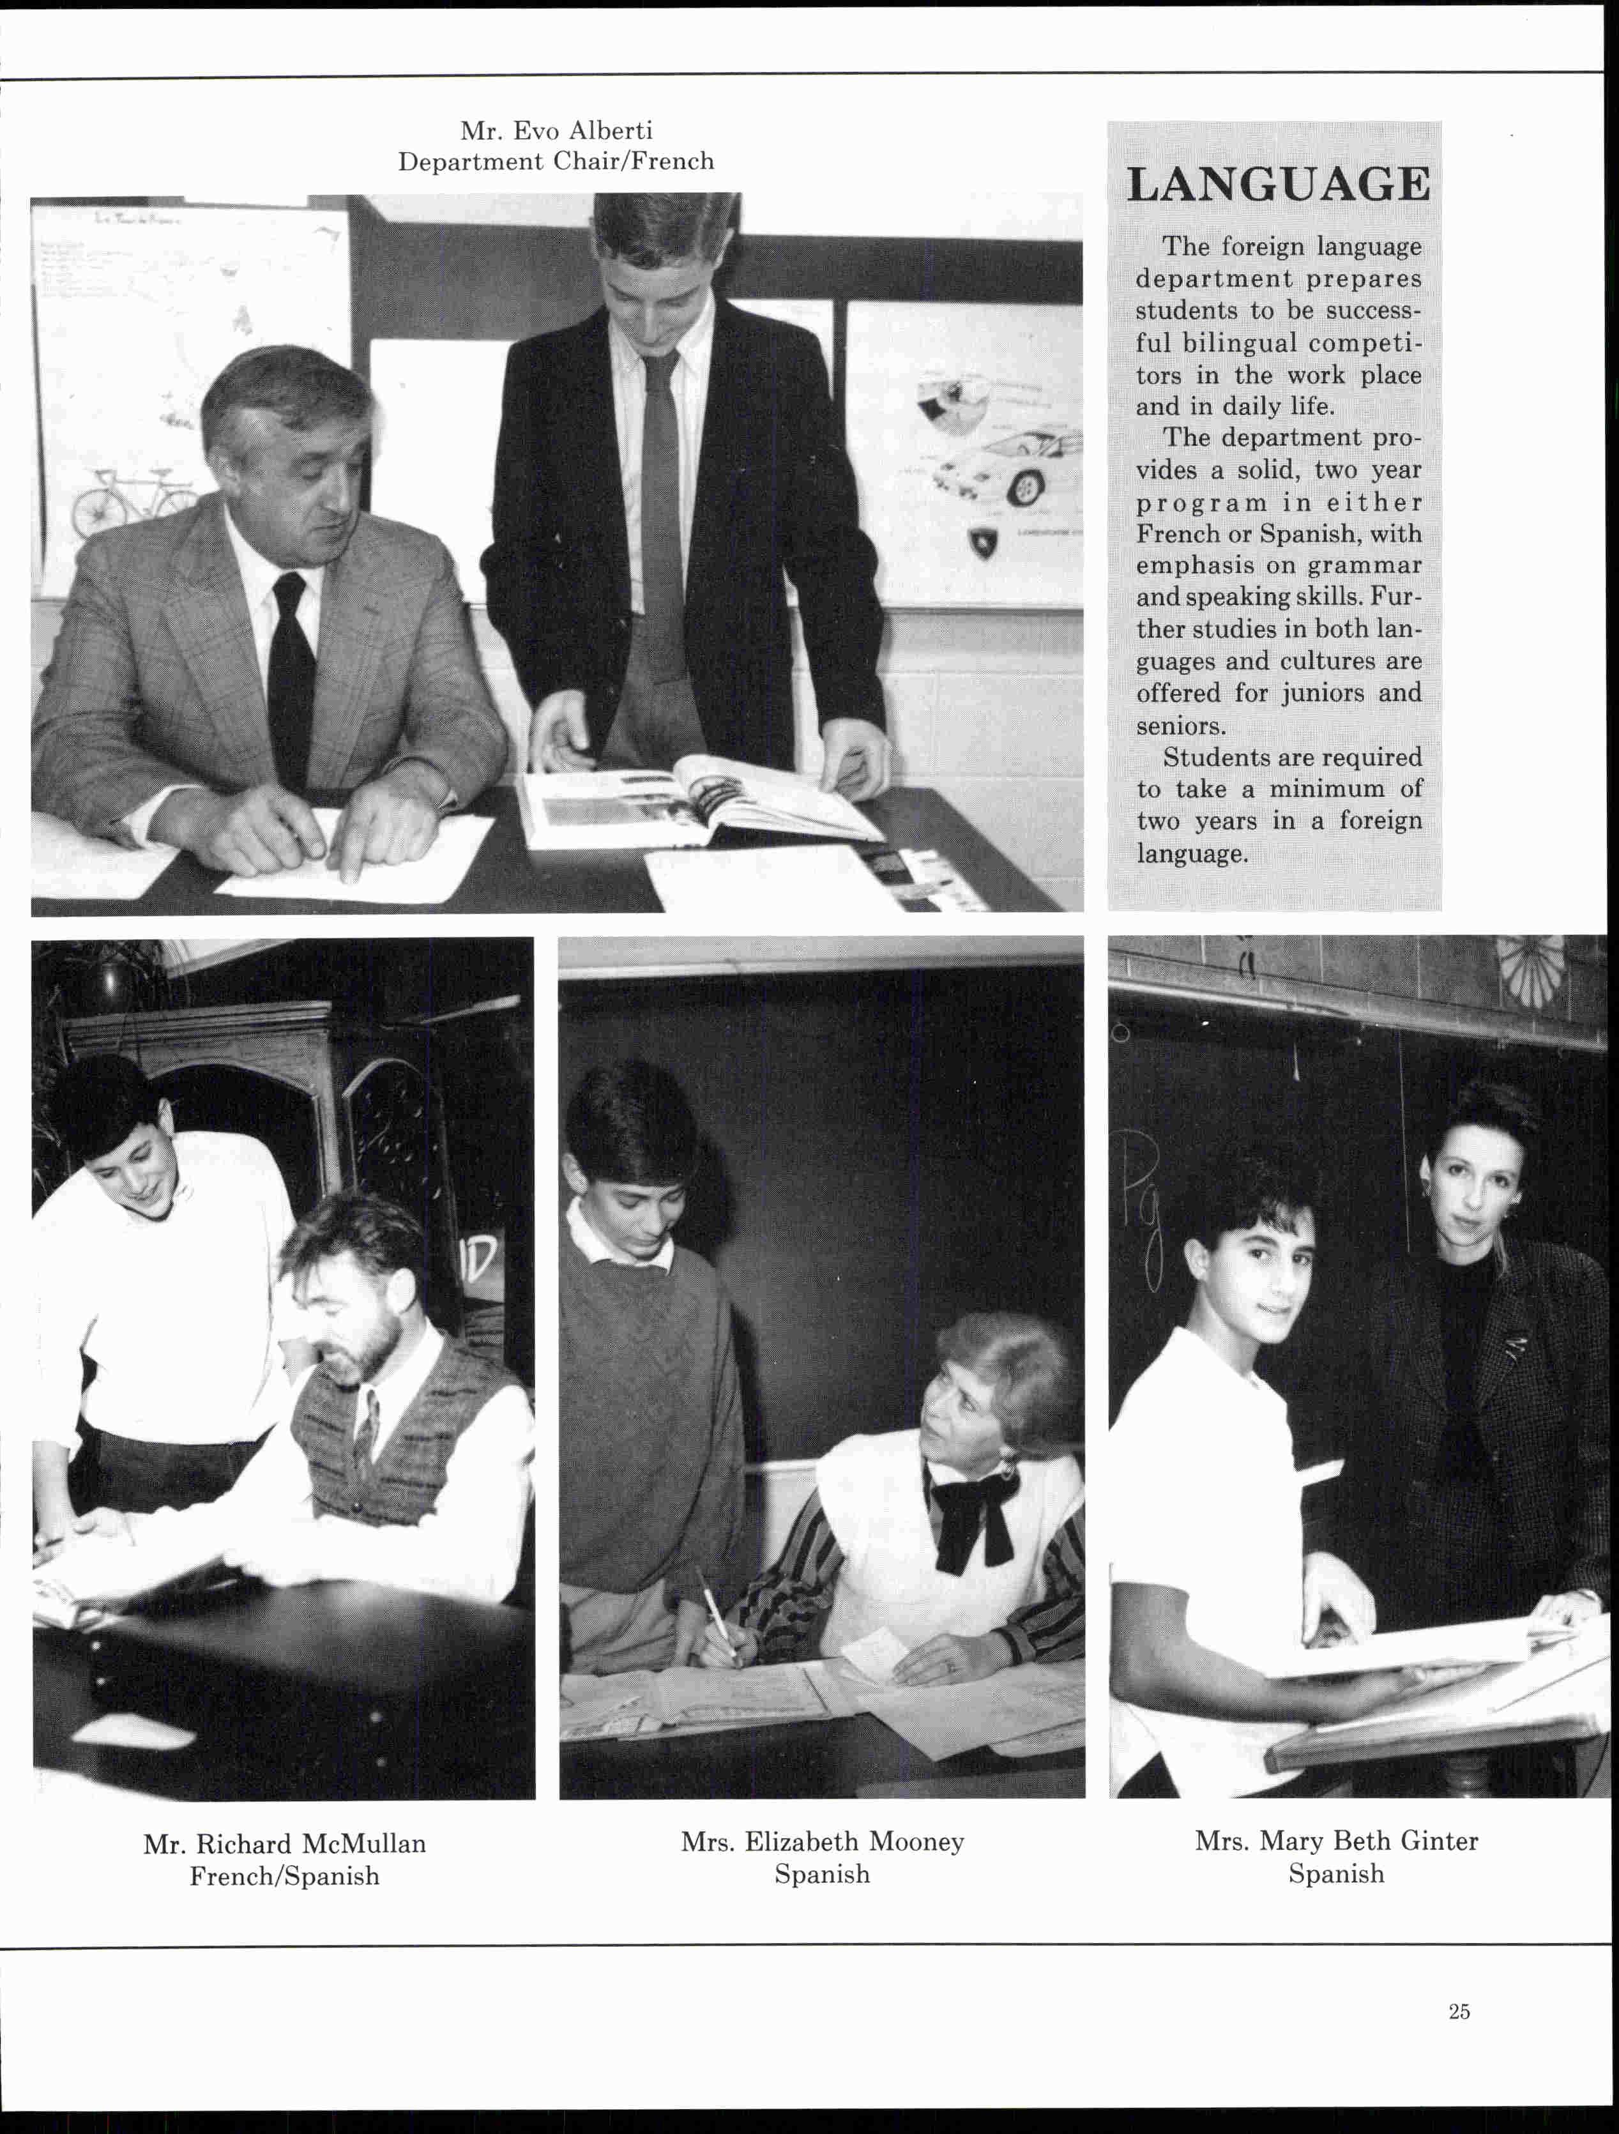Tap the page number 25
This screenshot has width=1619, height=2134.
1459,2011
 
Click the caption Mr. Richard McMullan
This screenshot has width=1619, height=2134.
285,1843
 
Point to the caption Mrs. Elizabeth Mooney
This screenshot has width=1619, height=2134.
822,1841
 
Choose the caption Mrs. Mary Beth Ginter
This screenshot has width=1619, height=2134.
1336,1841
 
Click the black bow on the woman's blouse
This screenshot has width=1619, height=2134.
973,1514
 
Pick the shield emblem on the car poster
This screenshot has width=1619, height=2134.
983,543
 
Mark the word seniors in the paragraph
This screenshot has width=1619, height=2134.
1180,726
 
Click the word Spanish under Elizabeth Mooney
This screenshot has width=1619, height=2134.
822,1873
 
